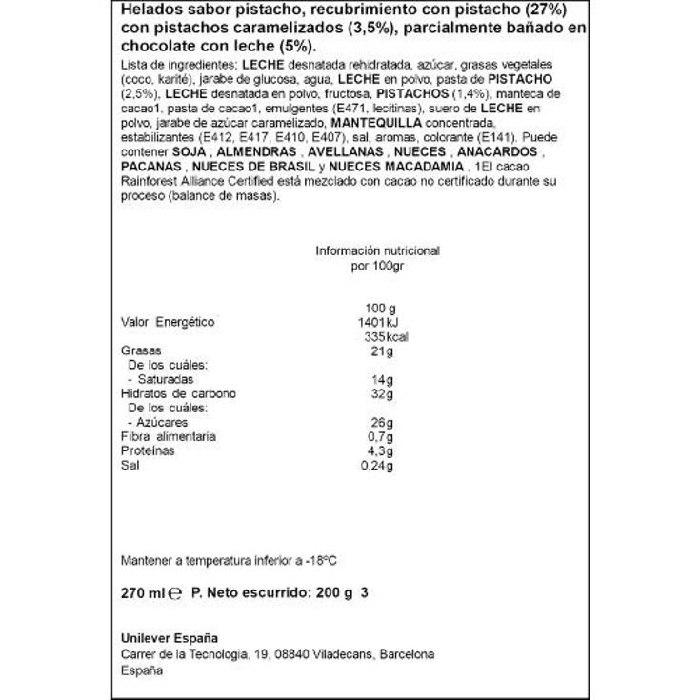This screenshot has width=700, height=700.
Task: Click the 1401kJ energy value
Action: [x=380, y=322]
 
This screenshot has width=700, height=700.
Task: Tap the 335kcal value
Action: [x=380, y=336]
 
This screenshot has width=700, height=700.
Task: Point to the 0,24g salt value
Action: [x=379, y=465]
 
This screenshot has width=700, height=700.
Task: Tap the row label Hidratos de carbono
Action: [x=178, y=393]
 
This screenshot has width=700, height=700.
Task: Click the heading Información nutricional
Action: [x=377, y=250]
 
